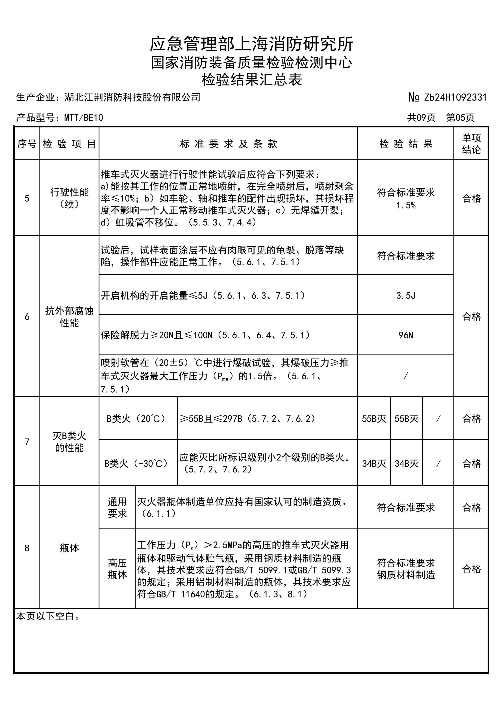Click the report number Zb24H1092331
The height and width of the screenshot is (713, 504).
[x=455, y=97]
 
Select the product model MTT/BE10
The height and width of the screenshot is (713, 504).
[x=84, y=118]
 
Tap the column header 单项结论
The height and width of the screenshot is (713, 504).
[x=471, y=144]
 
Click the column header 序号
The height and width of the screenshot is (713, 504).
[x=27, y=144]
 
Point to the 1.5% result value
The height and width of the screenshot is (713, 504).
[x=406, y=205]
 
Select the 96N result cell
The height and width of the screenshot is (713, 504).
[x=406, y=335]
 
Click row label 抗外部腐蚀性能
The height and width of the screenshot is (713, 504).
[x=69, y=316]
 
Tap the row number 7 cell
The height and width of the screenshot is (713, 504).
[x=27, y=441]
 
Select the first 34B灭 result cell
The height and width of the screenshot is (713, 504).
[x=374, y=464]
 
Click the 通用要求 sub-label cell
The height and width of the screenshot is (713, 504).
[x=117, y=507]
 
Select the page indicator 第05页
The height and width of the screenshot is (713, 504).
[x=460, y=118]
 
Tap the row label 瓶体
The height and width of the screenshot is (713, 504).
[x=69, y=548]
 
